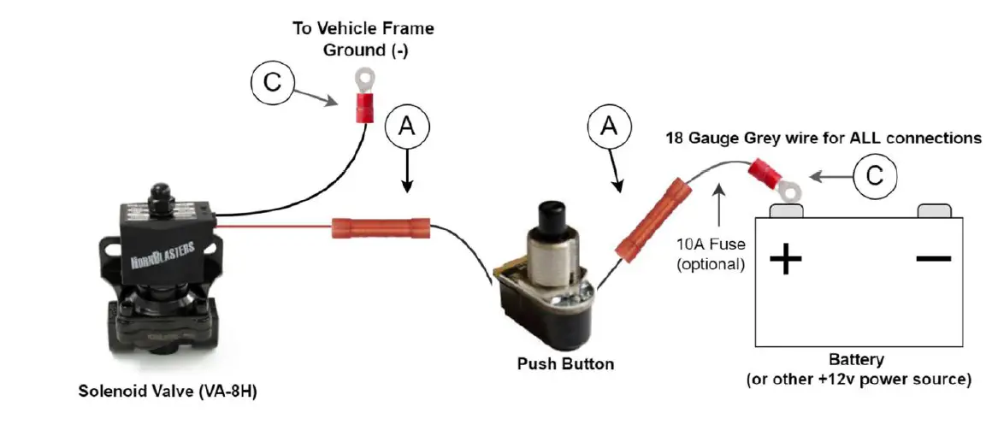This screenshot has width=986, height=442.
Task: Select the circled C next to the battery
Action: click(x=876, y=177)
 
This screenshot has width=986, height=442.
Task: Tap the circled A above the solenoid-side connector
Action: click(x=407, y=127)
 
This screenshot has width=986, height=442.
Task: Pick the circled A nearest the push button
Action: click(x=608, y=127)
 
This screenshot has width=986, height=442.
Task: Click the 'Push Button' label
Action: click(x=565, y=364)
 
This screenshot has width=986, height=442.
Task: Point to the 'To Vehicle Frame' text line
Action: click(x=363, y=28)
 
